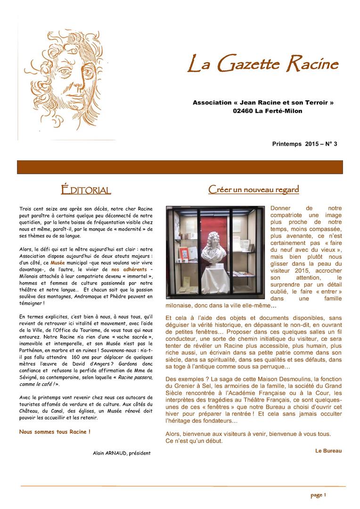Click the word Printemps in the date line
(287, 144)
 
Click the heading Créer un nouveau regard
(254, 189)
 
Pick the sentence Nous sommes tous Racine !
(55, 431)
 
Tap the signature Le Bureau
(328, 451)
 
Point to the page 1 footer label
(318, 495)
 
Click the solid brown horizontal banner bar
(180, 167)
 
